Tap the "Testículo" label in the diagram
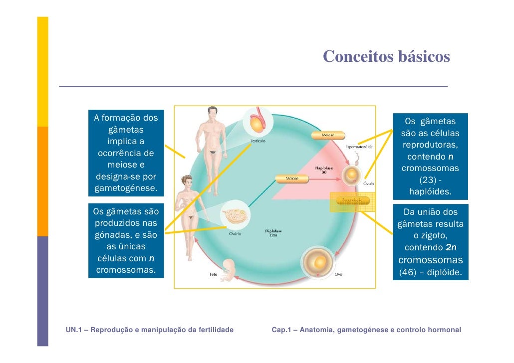[257, 141]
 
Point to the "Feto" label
[212, 274]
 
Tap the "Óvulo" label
[369, 183]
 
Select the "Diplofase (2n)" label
[273, 232]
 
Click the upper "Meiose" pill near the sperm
[328, 135]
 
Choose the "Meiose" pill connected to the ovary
[292, 178]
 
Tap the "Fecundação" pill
[352, 200]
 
